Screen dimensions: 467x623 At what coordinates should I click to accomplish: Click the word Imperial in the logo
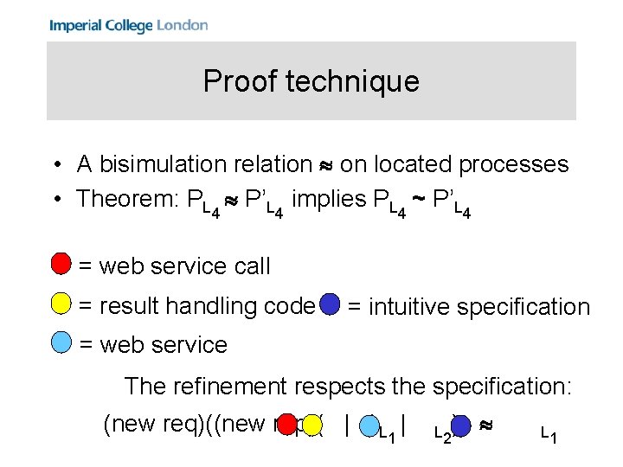tap(74, 26)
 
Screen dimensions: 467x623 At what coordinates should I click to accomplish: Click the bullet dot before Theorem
tap(55, 200)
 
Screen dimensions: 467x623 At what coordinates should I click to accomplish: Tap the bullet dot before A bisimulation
tap(55, 165)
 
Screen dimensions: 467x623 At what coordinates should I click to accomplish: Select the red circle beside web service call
tap(61, 263)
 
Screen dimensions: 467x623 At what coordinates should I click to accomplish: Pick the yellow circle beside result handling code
tap(61, 304)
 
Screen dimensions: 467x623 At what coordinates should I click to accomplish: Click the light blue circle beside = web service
tap(61, 342)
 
